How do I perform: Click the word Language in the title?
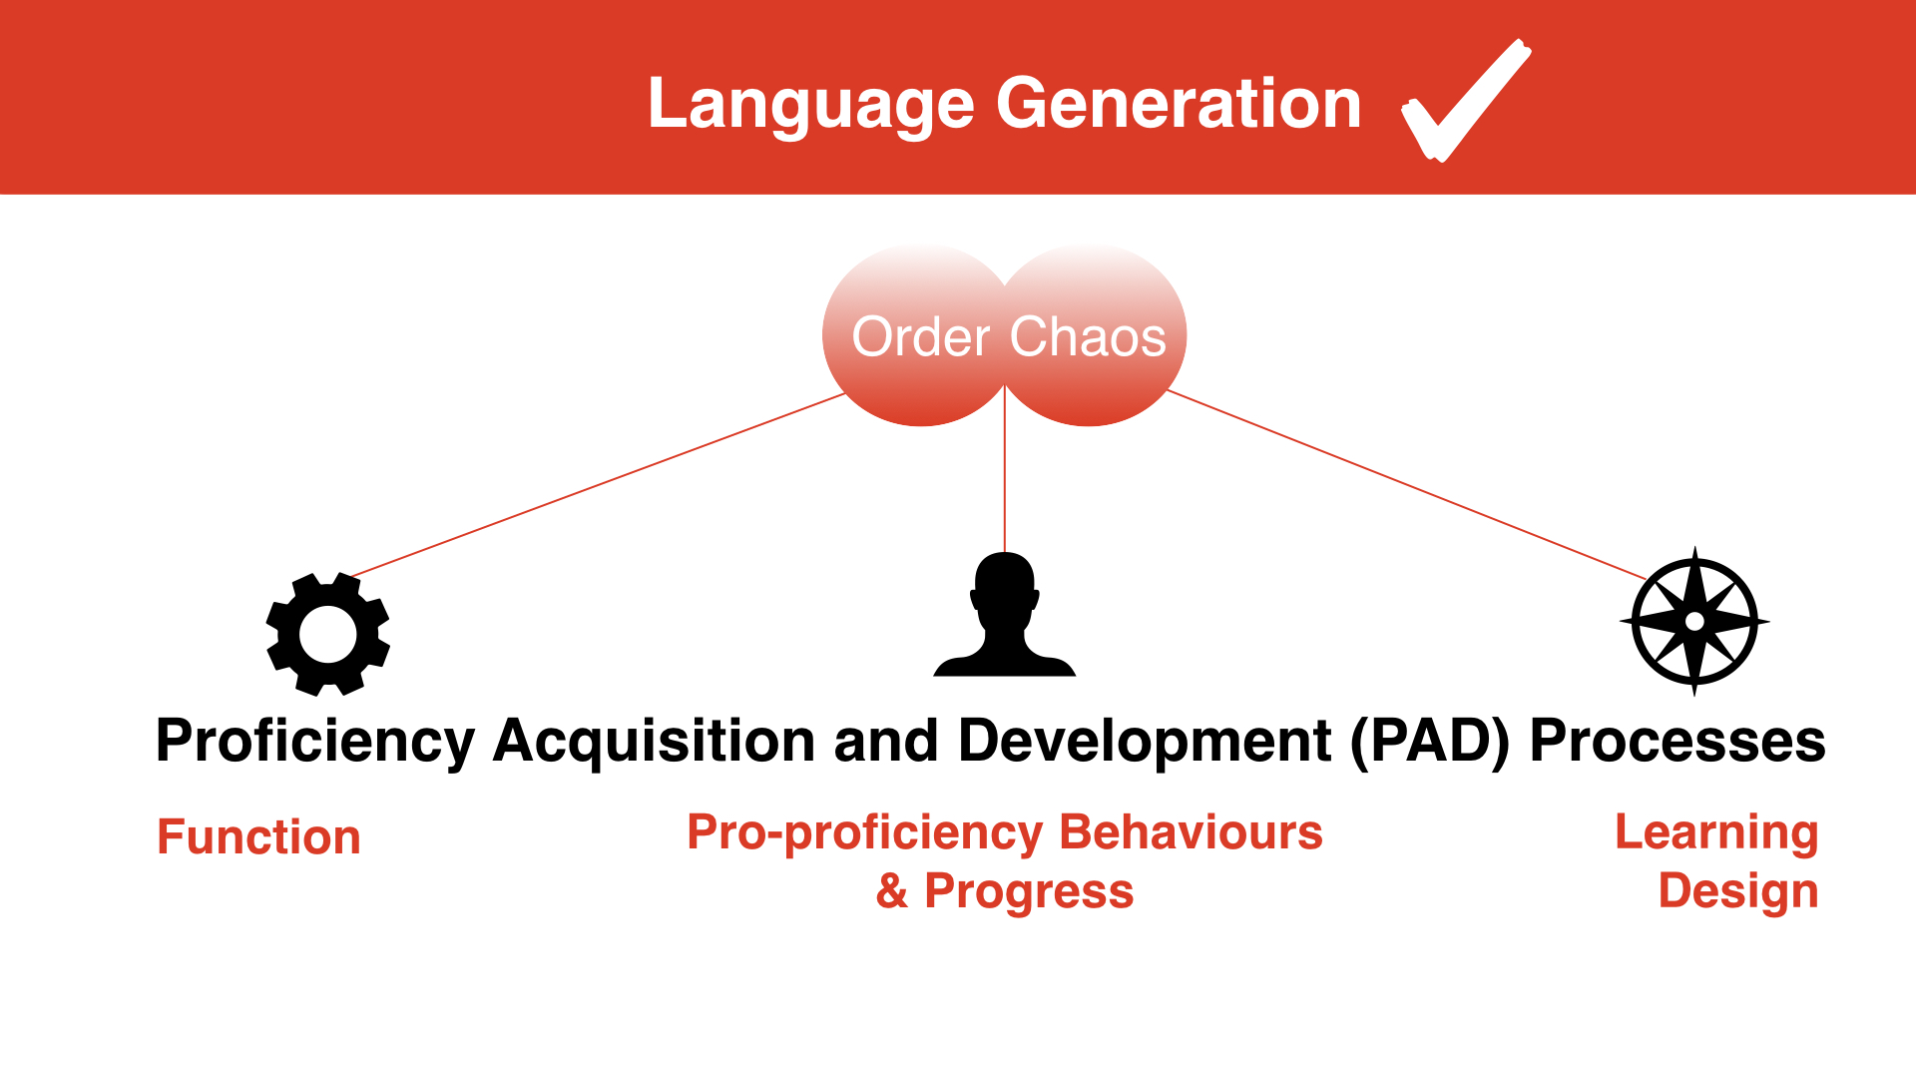coord(811,105)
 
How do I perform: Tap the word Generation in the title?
coord(1179,103)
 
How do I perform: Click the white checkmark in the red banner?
coord(1466,100)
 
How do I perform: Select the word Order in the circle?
coord(920,336)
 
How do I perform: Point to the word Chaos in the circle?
coord(1088,336)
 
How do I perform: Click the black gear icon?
coord(328,634)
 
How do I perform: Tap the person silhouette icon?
coord(1005,614)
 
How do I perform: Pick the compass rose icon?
coord(1694,621)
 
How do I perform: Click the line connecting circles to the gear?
coord(599,485)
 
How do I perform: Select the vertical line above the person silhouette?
coord(1005,469)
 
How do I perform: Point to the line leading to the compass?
coord(1407,485)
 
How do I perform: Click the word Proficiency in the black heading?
coord(315,742)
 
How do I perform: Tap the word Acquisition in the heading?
coord(655,742)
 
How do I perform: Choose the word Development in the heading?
coord(1145,742)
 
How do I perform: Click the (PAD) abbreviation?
coord(1430,742)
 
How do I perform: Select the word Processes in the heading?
coord(1677,742)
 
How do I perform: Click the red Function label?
coord(258,836)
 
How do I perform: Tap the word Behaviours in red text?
coord(1191,832)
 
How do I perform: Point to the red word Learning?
coord(1716,833)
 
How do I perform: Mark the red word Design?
coord(1737,891)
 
